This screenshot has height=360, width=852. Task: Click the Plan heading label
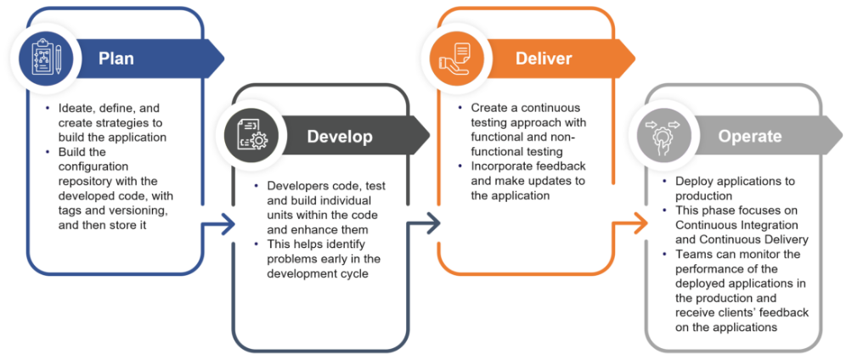point(116,59)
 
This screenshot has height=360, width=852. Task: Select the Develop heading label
point(340,136)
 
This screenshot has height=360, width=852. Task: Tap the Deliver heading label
point(544,59)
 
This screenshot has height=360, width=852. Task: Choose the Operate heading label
point(749,136)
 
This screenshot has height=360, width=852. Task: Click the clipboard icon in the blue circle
point(42,59)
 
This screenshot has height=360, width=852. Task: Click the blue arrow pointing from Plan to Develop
point(223,225)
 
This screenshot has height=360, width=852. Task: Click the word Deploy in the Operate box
point(693,182)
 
